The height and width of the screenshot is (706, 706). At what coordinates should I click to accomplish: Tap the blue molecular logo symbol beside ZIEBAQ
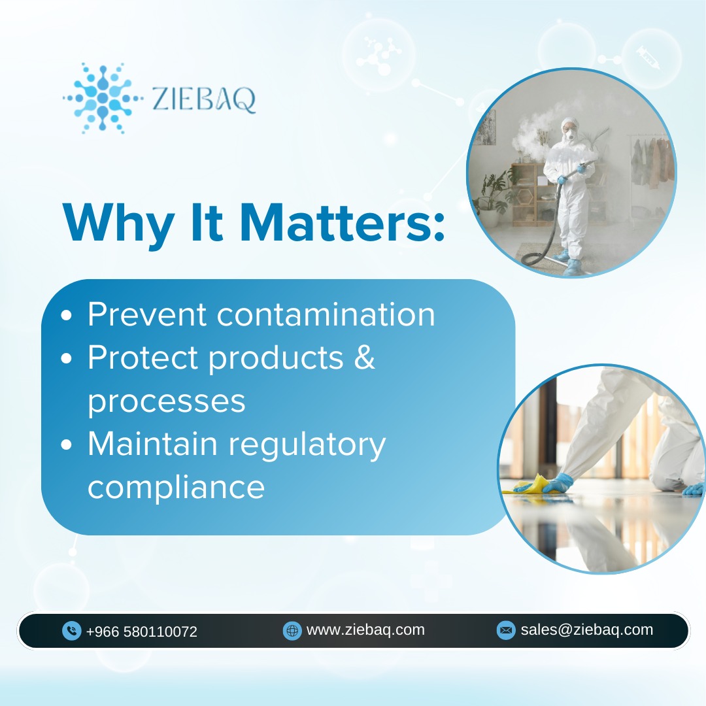tap(103, 98)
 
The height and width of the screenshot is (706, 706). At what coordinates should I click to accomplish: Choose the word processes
tap(166, 401)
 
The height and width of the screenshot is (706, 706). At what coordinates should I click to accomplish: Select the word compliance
tap(176, 488)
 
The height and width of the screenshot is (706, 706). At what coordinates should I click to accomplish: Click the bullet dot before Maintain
tap(66, 445)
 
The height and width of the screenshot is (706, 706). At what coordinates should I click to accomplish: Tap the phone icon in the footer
tap(71, 631)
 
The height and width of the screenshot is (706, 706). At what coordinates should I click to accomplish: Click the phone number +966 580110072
tap(141, 631)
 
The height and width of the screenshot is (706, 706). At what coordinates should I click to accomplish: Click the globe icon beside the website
tap(292, 630)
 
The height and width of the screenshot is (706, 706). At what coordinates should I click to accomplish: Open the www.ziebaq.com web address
tap(365, 630)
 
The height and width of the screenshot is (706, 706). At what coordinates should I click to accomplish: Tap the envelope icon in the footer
tap(505, 630)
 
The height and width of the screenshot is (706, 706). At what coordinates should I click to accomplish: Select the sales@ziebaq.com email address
tap(586, 630)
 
